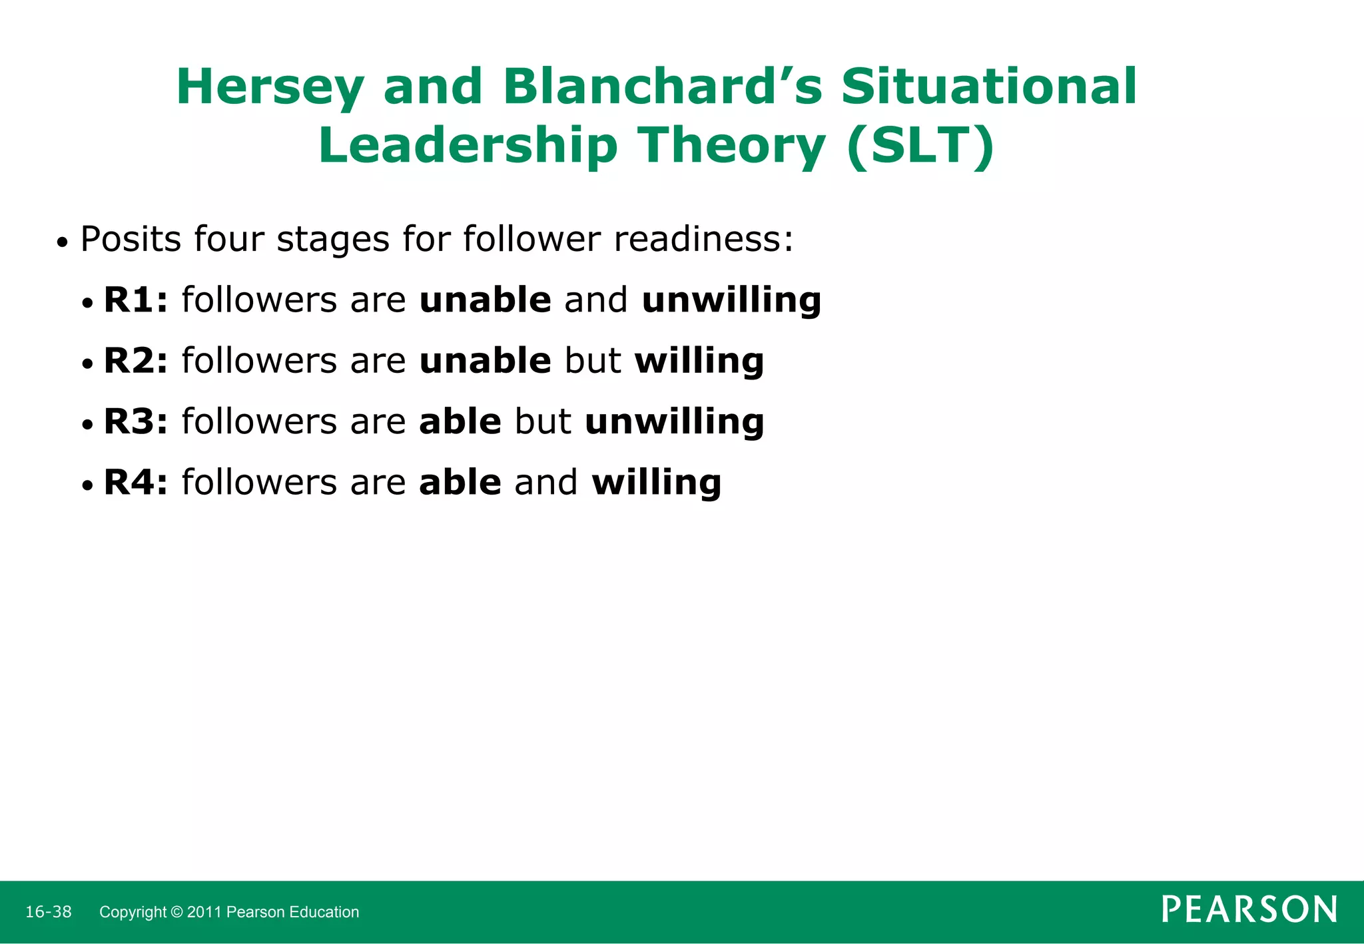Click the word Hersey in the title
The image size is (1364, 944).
[x=270, y=88]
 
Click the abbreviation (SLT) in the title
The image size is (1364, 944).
[x=921, y=146]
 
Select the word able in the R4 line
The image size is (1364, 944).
[x=460, y=483]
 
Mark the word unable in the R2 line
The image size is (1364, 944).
[x=485, y=361]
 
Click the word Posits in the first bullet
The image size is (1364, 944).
[x=131, y=239]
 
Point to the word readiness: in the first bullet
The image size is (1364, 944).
[x=703, y=239]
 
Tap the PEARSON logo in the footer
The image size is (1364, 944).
[x=1249, y=909]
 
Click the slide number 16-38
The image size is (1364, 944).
[x=48, y=912]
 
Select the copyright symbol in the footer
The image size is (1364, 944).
[x=176, y=912]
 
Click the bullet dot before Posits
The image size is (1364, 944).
[x=62, y=243]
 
